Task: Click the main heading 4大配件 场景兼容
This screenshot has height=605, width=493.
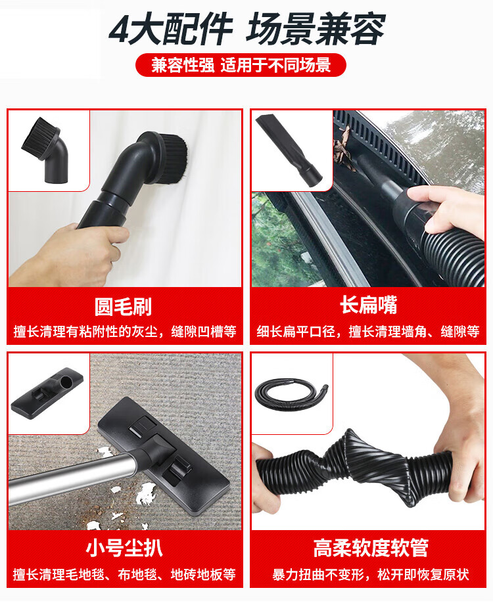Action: point(247,29)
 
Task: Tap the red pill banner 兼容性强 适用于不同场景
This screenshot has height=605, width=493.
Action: point(241,65)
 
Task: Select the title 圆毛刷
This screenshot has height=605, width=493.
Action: point(123,307)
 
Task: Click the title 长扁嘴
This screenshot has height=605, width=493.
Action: point(368,305)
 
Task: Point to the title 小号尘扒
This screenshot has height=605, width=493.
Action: point(124,547)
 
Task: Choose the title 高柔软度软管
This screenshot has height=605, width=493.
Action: point(371,547)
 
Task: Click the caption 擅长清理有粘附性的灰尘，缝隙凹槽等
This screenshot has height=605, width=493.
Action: point(125,332)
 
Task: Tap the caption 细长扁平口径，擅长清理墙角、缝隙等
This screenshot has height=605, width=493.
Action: point(368,332)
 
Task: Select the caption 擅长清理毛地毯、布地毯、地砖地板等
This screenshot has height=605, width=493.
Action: point(124,575)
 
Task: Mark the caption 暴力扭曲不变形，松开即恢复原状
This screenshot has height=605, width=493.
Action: point(371,575)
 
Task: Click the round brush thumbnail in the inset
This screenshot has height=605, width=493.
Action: point(45,150)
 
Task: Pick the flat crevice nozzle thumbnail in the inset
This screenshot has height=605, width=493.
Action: point(289,150)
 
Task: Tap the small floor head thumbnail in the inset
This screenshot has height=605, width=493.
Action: point(47,392)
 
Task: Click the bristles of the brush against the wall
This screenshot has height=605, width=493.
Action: point(176,154)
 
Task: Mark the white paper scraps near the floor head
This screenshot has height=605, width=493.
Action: point(145,495)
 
